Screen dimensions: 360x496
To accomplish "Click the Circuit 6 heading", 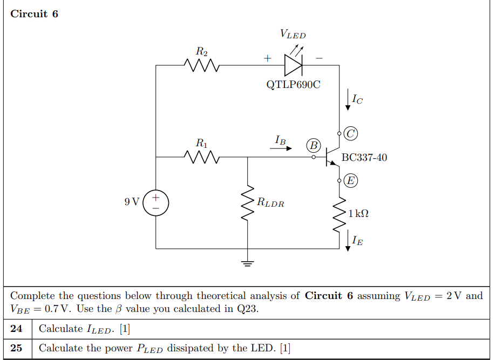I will click(34, 14).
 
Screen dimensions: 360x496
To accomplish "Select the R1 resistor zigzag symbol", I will click(201, 157).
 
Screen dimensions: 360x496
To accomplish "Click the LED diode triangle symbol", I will click(293, 65).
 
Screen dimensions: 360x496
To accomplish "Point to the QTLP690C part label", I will click(293, 85).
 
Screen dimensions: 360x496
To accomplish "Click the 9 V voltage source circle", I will click(155, 203).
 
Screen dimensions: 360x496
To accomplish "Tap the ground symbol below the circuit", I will click(247, 263).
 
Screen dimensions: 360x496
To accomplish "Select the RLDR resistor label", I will click(270, 203).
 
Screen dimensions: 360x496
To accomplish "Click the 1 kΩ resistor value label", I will click(358, 214).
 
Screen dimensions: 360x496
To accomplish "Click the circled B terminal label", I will click(313, 145).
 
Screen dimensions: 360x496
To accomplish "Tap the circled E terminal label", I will click(351, 180).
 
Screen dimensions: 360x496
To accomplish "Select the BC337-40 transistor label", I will click(364, 158).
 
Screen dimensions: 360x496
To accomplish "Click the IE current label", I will click(357, 241).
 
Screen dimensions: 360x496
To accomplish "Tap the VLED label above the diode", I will click(293, 35).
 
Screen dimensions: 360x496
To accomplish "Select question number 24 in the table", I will click(17, 329).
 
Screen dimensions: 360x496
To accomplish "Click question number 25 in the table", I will click(17, 348).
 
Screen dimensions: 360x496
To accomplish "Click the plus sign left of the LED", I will click(267, 58).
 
